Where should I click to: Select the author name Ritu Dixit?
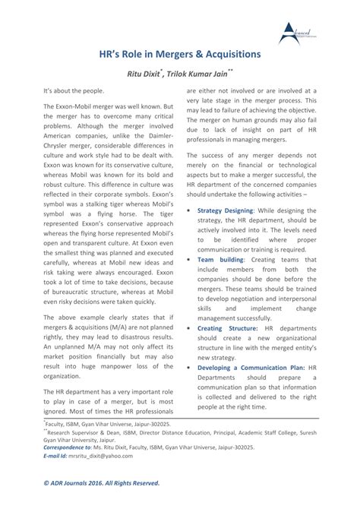point(147,75)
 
